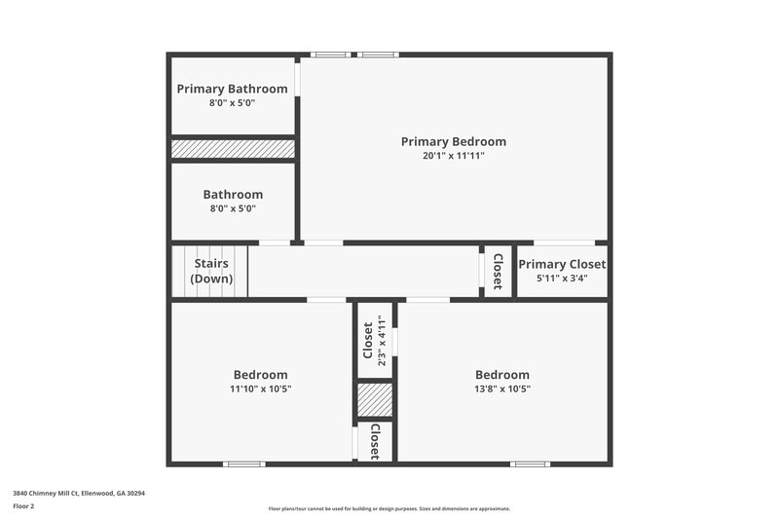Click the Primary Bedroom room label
pos(453,141)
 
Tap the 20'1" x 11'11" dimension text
pos(453,156)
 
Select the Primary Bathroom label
pos(232,89)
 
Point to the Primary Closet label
pos(562,264)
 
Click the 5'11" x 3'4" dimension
pos(562,278)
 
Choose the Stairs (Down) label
pos(211,271)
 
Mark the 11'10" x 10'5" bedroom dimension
pos(260,389)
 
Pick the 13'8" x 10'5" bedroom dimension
pos(501,389)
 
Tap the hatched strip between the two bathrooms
pos(233,149)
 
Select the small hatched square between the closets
pos(374,400)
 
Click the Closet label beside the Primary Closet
pos(497,271)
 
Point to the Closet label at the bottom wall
pos(375,442)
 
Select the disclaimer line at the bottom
pos(389,508)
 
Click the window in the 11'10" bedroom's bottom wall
pos(244,463)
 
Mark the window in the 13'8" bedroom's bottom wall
pos(530,463)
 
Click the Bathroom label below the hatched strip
pos(232,195)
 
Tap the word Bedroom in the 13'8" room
pos(501,375)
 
